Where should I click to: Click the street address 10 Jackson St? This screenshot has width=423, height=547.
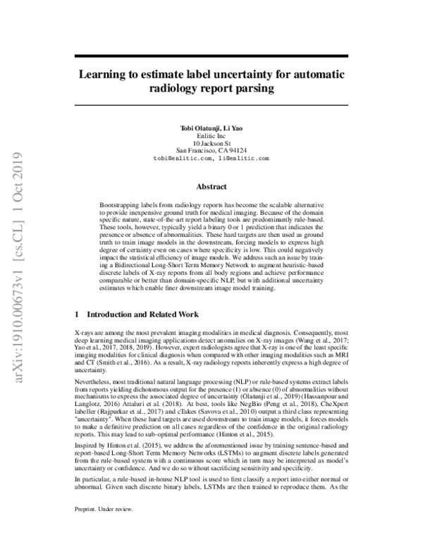point(211,142)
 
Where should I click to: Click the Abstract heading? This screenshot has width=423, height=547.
point(211,187)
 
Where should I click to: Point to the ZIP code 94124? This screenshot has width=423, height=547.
point(237,151)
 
